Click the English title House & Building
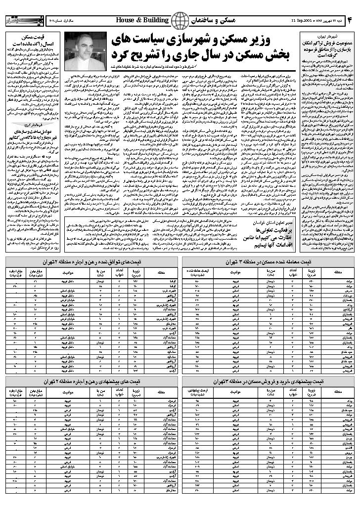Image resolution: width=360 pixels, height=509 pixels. click(x=142, y=20)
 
